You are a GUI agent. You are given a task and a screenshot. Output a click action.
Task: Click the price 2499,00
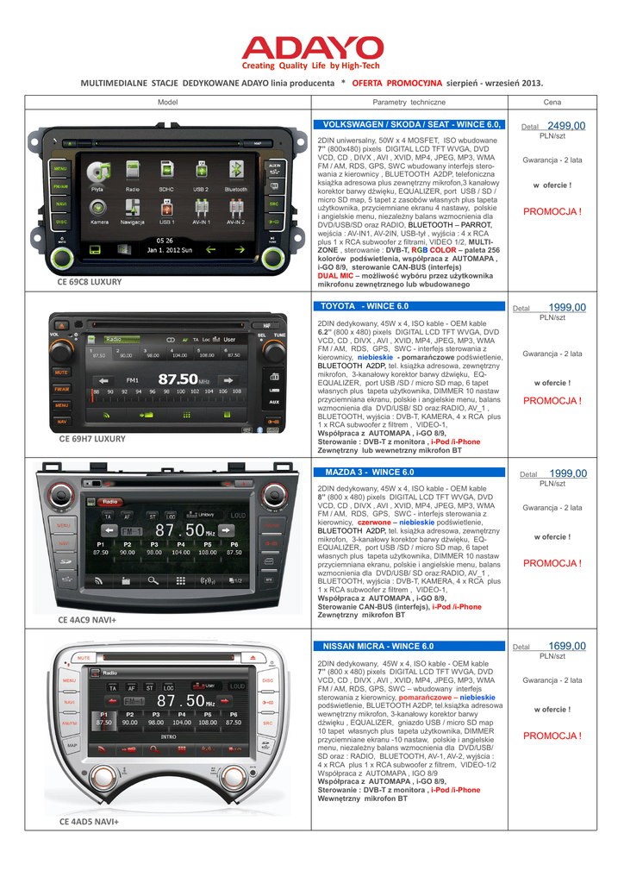coord(565,126)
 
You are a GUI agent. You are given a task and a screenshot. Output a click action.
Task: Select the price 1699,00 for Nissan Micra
coord(565,646)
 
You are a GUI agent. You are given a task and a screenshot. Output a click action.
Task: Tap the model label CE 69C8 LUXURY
coord(90,282)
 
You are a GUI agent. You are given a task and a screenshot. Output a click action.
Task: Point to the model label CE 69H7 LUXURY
coord(91,439)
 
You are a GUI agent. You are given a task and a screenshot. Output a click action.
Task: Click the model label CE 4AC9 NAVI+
coord(87,620)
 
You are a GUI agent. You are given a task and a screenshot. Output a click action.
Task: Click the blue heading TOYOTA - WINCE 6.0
coord(365,306)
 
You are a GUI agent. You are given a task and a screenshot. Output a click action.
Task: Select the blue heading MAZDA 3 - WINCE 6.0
coord(369,473)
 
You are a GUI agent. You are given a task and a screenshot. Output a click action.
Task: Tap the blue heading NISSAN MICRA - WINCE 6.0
coord(378,646)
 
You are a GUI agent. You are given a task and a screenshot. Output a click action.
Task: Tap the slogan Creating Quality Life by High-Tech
coord(310,66)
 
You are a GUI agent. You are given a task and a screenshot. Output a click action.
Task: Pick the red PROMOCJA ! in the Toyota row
coord(552,401)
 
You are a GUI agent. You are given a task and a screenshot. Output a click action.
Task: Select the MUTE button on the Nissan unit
coord(84,658)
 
